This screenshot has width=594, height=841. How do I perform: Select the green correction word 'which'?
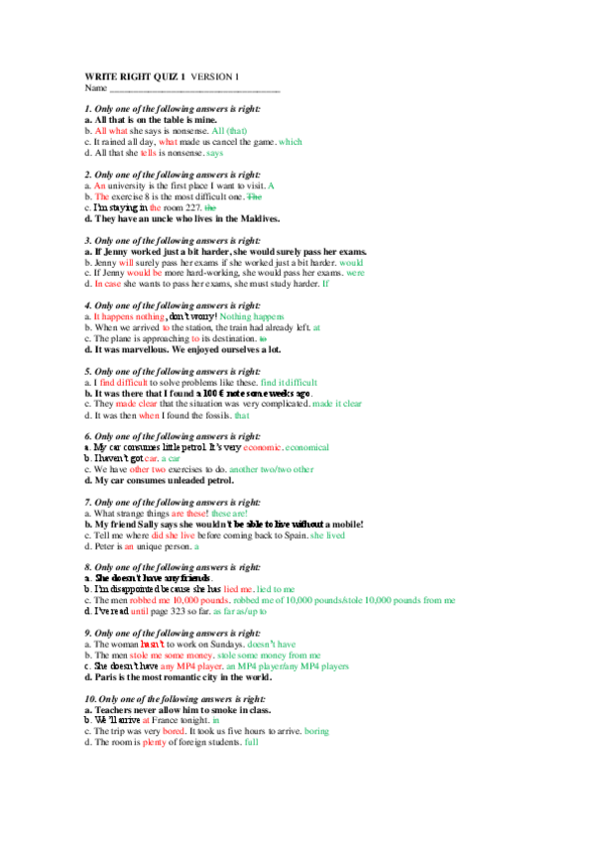pyautogui.click(x=291, y=141)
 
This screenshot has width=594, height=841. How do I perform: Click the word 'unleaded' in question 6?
pyautogui.click(x=174, y=480)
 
